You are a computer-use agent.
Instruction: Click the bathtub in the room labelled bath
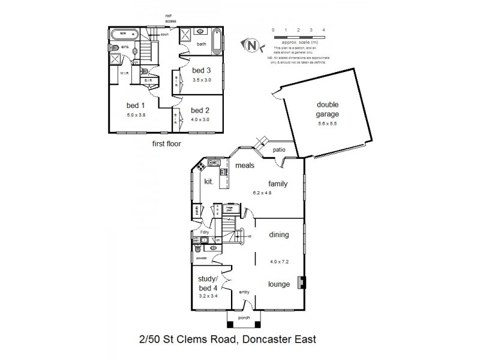(x=218, y=40)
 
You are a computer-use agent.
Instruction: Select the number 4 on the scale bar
(x=323, y=29)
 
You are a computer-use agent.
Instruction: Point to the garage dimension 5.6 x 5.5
(x=328, y=124)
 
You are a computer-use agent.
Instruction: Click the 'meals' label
(x=245, y=166)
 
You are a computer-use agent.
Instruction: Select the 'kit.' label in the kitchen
(x=209, y=181)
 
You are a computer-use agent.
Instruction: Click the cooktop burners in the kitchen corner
(x=212, y=163)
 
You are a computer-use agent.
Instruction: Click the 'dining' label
(x=280, y=235)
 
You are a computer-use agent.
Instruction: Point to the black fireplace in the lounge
(x=303, y=282)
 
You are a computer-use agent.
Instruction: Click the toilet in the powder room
(x=197, y=246)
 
